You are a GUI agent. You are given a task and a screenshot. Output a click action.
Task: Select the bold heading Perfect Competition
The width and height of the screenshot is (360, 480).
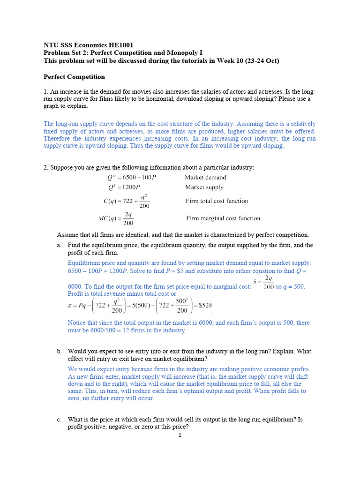(x=74, y=77)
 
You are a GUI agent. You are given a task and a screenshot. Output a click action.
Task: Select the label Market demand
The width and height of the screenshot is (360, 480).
(x=205, y=178)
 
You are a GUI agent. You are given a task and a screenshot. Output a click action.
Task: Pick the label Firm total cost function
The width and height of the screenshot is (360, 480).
(x=217, y=201)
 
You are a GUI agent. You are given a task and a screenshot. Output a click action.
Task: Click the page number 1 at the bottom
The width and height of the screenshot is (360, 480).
(x=180, y=435)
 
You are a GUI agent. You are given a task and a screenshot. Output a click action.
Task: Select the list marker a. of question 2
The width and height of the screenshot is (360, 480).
(x=59, y=245)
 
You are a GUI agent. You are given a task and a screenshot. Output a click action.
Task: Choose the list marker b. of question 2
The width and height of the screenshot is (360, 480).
(x=59, y=351)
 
